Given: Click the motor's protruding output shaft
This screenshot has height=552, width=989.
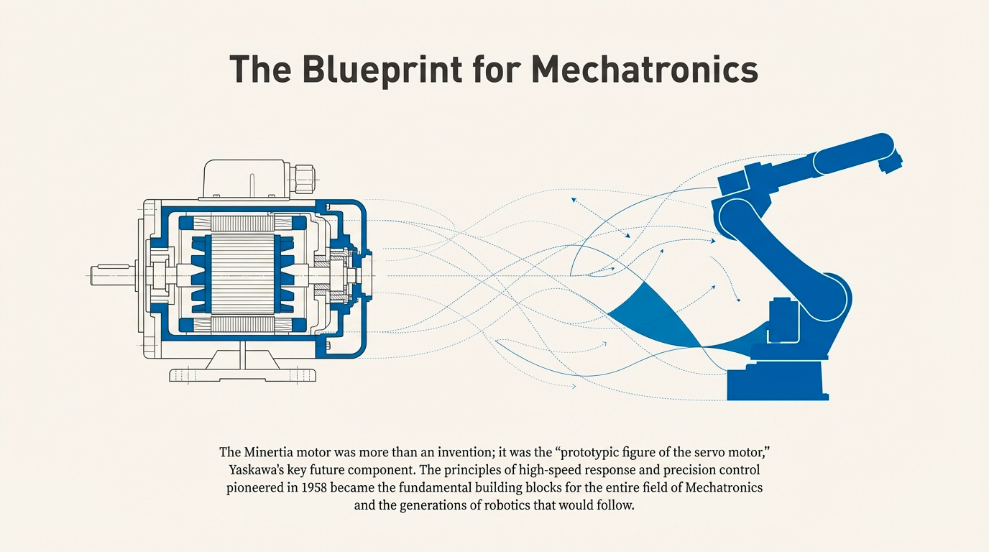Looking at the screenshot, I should click(115, 275).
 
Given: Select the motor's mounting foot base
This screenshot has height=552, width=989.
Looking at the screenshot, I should click(243, 374).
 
